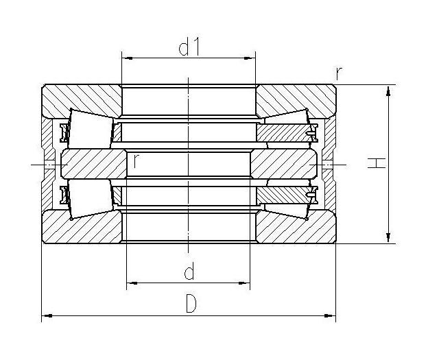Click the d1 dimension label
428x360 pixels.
click(189, 49)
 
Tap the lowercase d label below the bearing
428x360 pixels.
click(189, 272)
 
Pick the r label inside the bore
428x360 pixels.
click(137, 161)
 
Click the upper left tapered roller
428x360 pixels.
click(89, 126)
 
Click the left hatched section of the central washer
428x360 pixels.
click(93, 164)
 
